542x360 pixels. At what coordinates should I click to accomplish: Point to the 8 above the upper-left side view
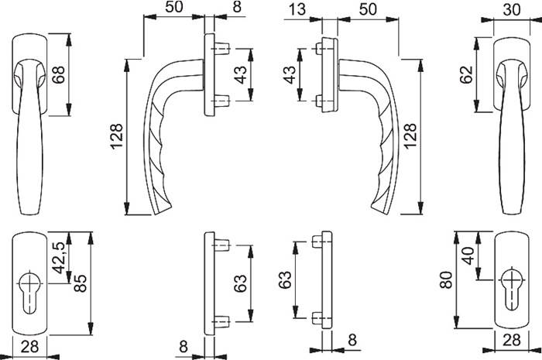[214, 9]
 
